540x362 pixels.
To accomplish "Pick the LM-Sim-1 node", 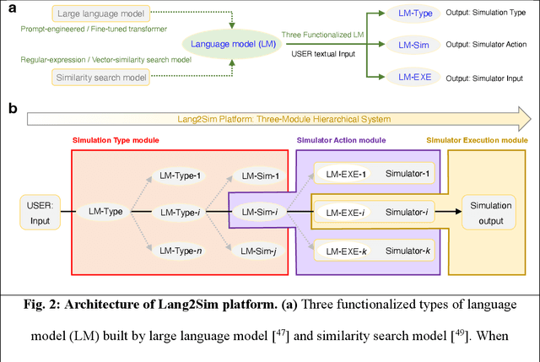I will [x=260, y=176].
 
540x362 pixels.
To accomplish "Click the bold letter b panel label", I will [x=11, y=109].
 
